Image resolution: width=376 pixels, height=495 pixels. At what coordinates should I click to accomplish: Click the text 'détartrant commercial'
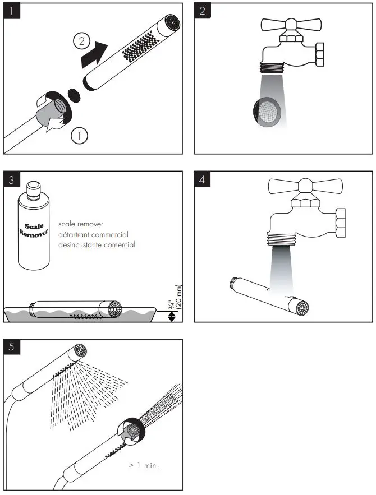tap(93, 234)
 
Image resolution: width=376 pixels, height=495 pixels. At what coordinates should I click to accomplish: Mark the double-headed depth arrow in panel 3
tap(172, 316)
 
